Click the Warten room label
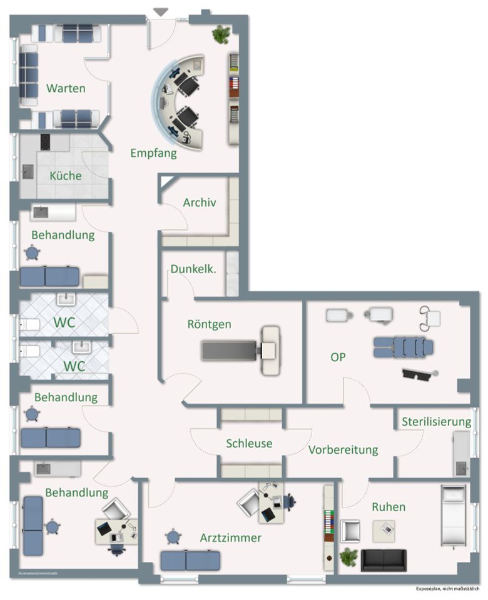coord(66,88)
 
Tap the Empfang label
coord(153,152)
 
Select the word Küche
coord(66,176)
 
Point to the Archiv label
coord(200,202)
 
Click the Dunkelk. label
coord(193,269)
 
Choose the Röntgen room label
coord(209,324)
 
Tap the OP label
coord(338,357)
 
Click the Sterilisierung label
coord(436,422)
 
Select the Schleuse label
coord(249,443)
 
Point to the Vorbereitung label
coord(343,449)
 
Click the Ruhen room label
coord(389,507)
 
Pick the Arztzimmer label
coord(231,537)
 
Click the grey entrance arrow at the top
coord(161,12)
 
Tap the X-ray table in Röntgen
coord(241,350)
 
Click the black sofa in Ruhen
coord(384,560)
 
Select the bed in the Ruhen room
coord(453,516)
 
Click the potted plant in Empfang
coord(221,34)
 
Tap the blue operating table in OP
coord(403,347)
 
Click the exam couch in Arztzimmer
coord(190,560)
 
